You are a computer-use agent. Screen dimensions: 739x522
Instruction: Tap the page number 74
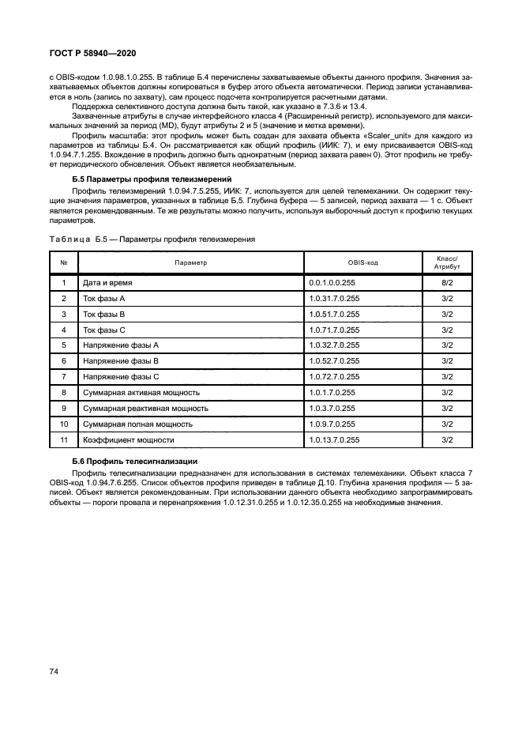pos(54,671)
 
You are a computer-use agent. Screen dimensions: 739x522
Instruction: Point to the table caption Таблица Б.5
pos(155,238)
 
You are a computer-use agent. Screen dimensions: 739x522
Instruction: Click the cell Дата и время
pos(108,281)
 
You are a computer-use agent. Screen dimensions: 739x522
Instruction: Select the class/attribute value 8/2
pos(446,281)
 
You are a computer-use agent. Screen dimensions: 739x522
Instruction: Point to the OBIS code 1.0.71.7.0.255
pos(335,330)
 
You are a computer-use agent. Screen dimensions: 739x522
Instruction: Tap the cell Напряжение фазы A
pos(121,345)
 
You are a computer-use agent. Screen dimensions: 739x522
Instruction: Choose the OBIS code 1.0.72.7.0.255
pos(335,377)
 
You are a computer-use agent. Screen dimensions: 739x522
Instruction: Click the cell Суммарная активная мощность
pos(141,393)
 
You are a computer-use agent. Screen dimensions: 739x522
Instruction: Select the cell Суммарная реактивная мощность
pos(145,409)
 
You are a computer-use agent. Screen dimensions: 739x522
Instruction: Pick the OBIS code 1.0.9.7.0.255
pos(332,424)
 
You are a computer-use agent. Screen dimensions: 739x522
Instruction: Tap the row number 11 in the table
pos(64,440)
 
